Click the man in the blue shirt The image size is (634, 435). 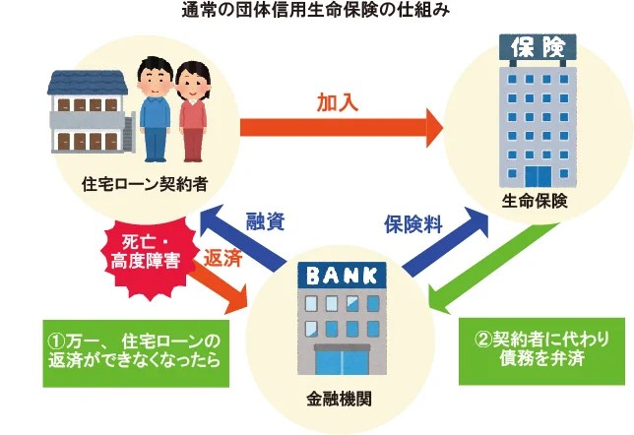(155, 108)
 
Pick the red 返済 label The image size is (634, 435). (221, 259)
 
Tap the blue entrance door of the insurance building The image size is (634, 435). (538, 177)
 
